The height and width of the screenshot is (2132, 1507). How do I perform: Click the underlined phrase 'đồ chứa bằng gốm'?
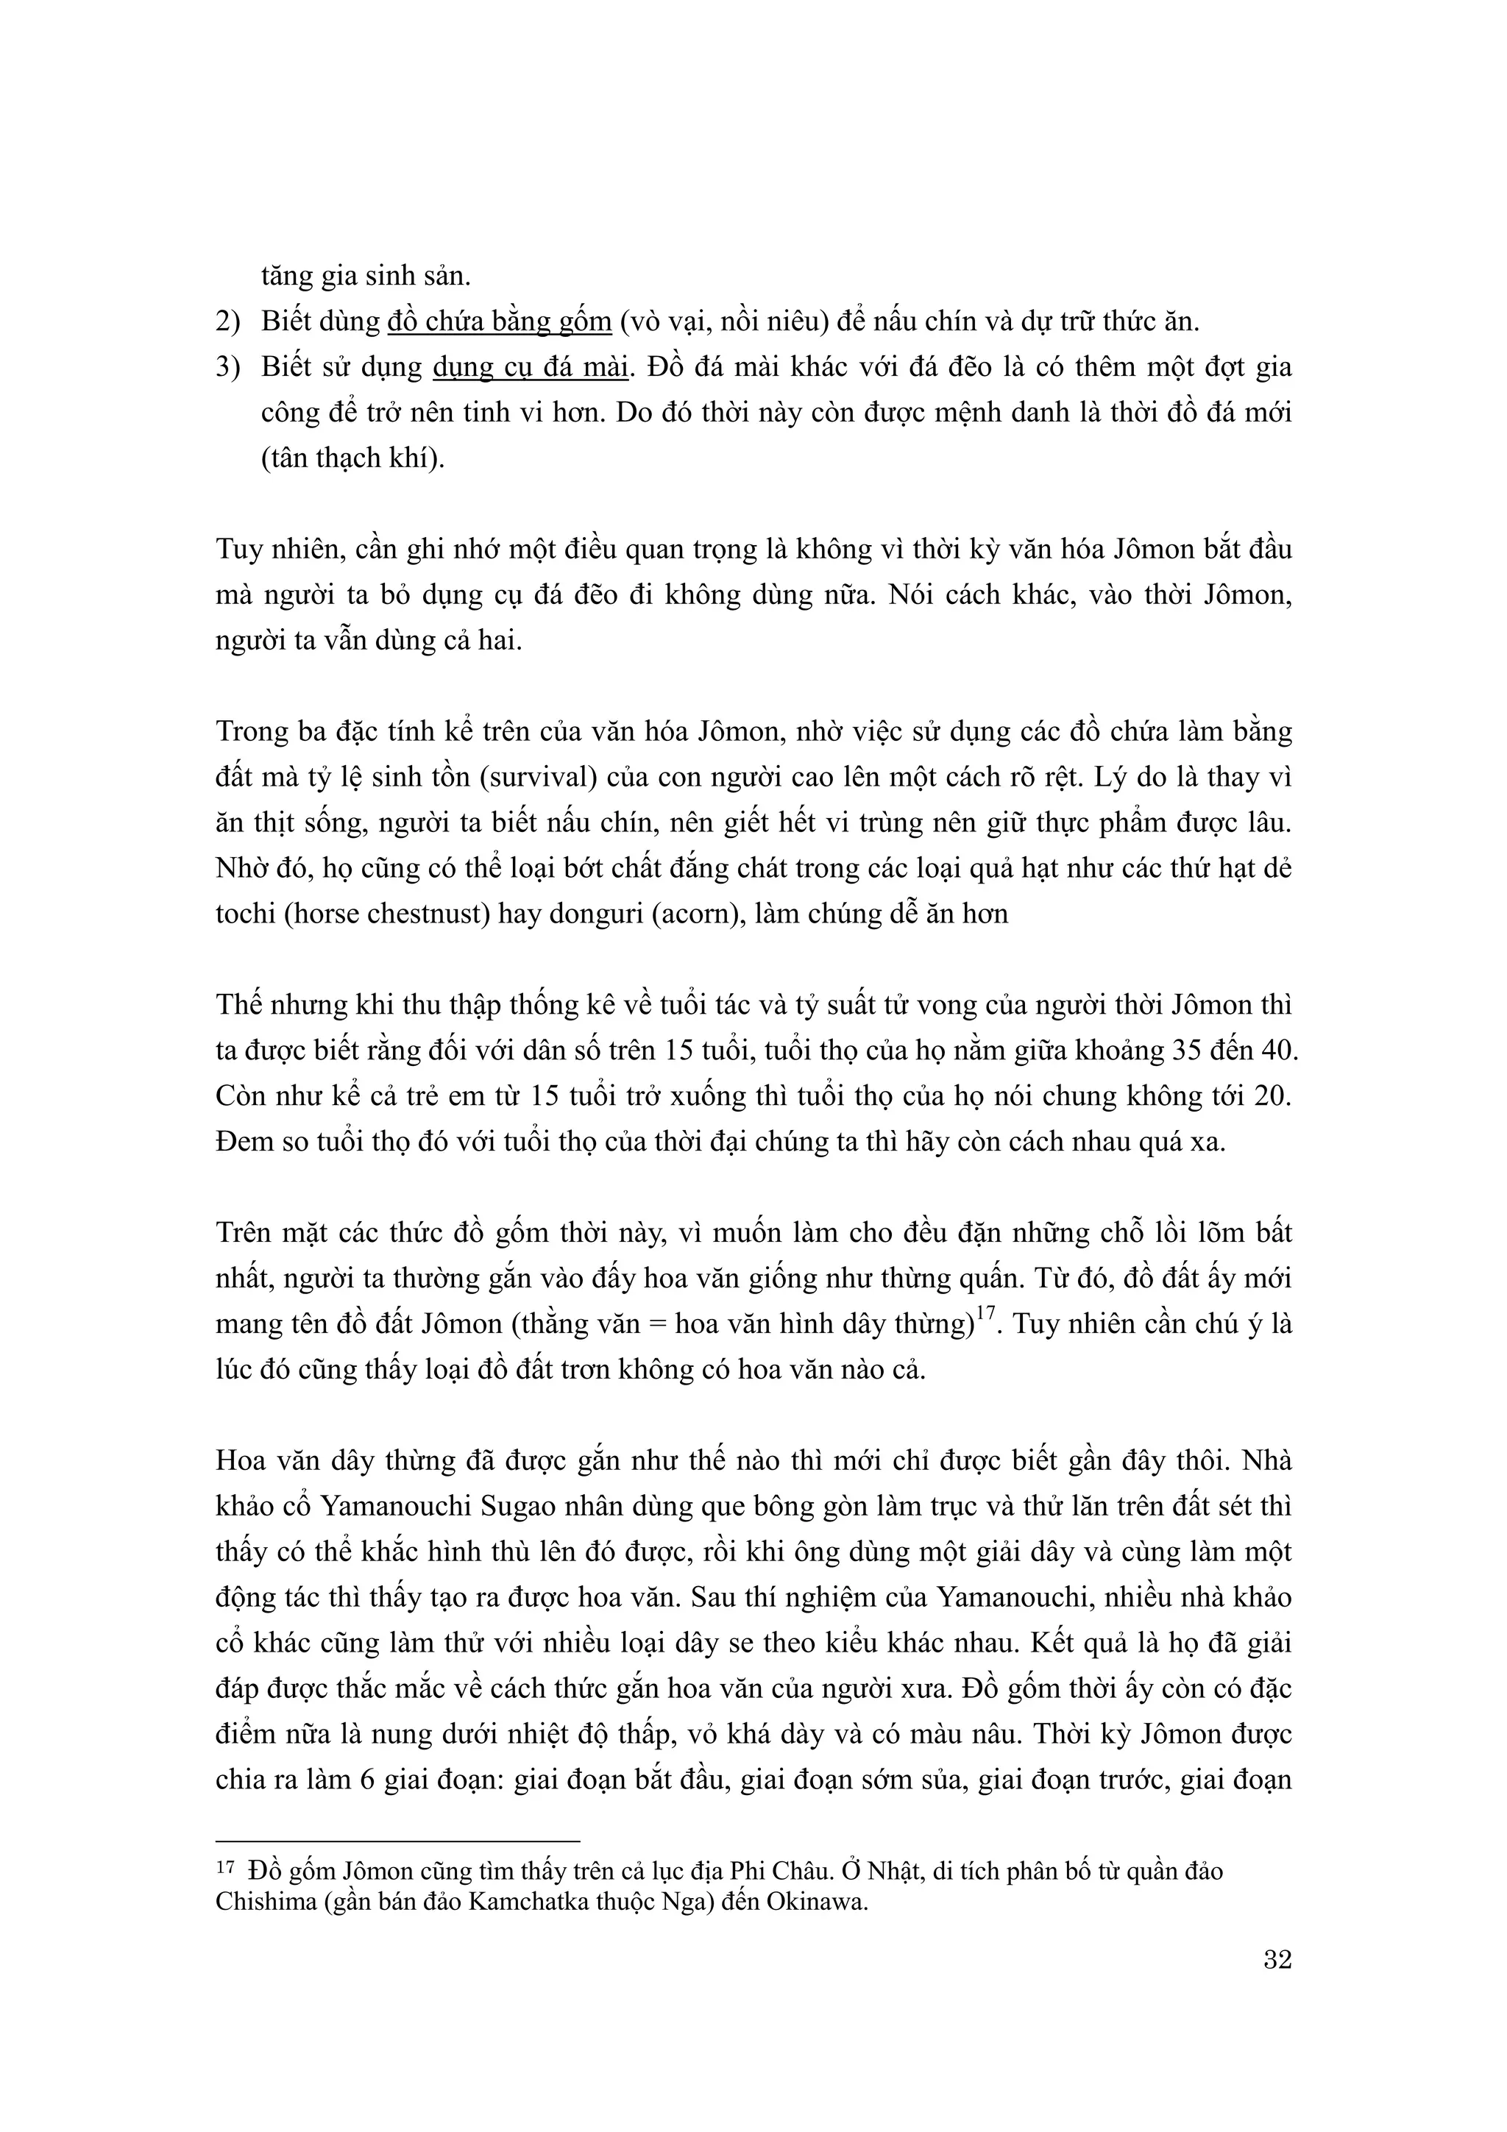point(499,322)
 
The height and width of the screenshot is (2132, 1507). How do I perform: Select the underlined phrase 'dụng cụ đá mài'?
point(531,368)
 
